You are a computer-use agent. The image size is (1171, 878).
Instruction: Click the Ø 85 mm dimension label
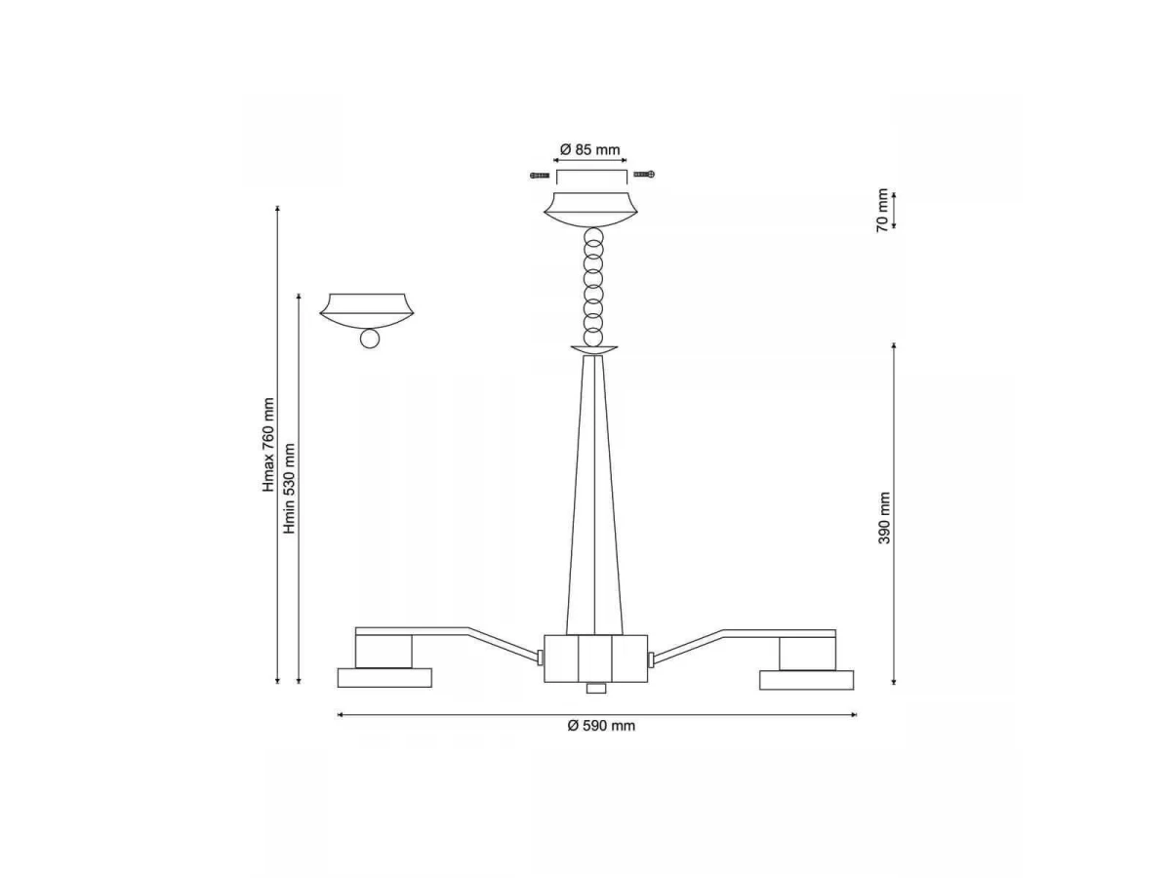(x=590, y=150)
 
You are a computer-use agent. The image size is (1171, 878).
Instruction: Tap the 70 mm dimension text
(x=882, y=210)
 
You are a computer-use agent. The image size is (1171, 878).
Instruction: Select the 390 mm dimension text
(x=884, y=518)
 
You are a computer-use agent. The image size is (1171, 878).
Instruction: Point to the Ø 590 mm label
(x=601, y=726)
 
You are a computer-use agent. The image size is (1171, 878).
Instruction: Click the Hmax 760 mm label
(x=268, y=445)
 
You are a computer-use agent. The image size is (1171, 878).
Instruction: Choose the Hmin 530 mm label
(x=289, y=489)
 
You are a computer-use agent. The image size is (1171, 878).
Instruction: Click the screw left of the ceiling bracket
(x=540, y=176)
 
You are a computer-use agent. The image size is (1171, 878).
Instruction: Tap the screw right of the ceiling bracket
(x=644, y=174)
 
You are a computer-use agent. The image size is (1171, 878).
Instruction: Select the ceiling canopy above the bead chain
(x=590, y=210)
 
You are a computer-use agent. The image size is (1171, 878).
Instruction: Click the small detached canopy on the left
(x=367, y=311)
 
